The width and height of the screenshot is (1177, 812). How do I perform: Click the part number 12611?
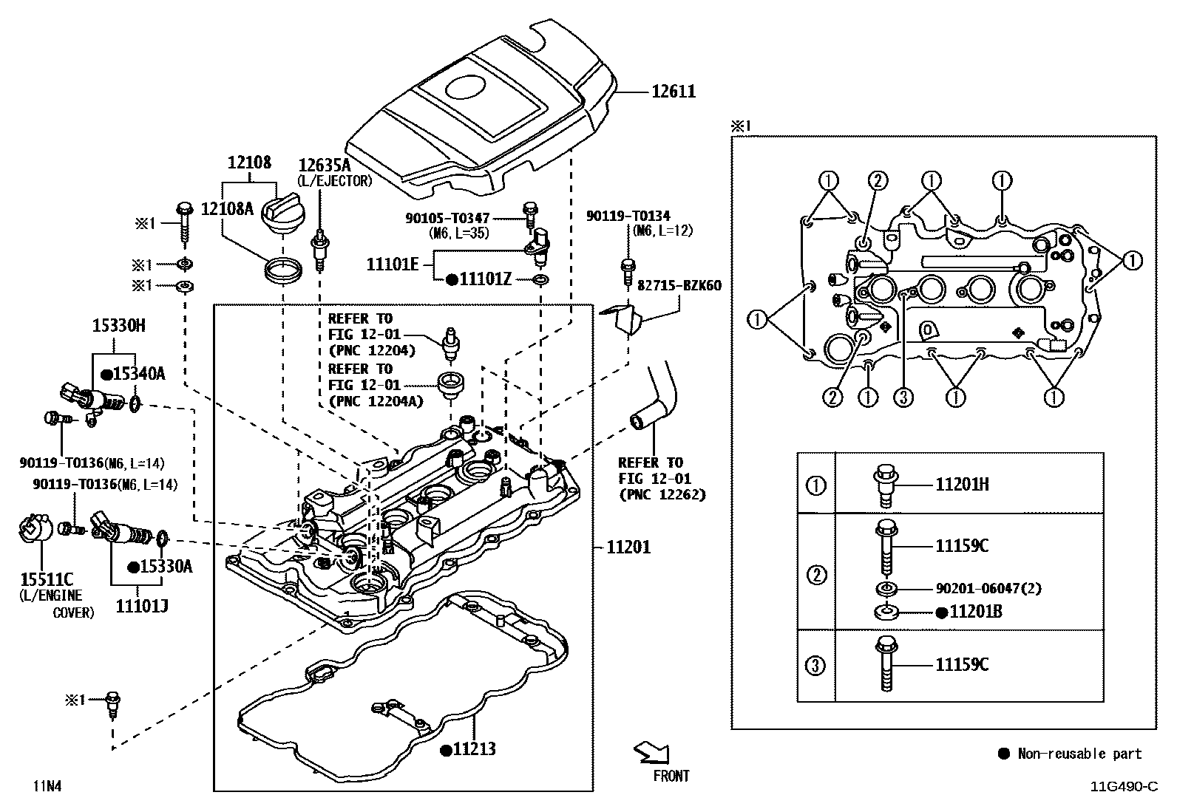coord(673,92)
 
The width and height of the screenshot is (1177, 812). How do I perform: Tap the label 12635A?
coord(325,165)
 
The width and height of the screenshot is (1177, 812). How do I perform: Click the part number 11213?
coord(474,749)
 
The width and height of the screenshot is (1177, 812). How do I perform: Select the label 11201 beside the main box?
coord(628,547)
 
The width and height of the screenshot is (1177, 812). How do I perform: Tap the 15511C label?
coord(41,580)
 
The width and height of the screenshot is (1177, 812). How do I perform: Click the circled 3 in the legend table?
coord(815,665)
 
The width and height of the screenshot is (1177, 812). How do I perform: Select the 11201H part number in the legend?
coord(962,485)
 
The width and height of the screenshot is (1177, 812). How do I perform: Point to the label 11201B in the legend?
coord(976,612)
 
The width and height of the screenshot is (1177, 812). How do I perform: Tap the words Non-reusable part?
coord(1079,754)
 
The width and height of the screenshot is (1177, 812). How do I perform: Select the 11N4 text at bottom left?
coord(46,786)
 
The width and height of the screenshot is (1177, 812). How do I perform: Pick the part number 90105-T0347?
coord(447,218)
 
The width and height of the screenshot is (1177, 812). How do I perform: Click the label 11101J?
coord(142,607)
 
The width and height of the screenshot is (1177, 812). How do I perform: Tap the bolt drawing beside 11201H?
coord(885,485)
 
